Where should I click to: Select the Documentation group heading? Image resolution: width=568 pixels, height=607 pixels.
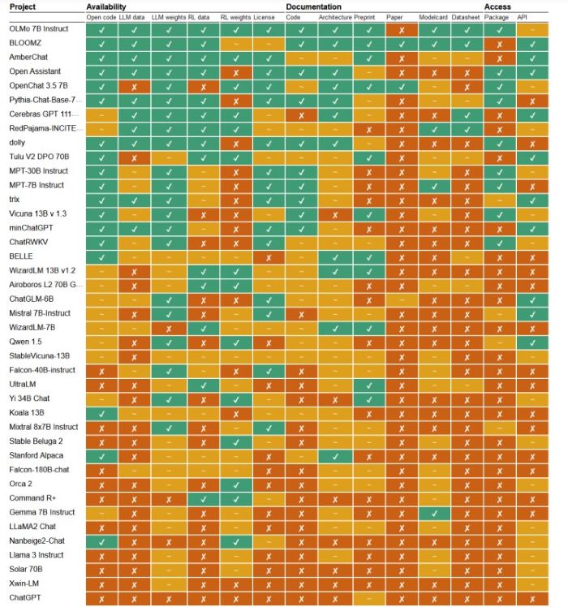[313, 6]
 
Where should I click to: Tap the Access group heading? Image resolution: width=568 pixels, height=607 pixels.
[497, 6]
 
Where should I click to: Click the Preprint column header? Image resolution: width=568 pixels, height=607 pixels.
[365, 16]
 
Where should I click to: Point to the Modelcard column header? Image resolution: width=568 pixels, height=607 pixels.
[434, 16]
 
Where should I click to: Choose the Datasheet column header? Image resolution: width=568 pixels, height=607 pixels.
[466, 16]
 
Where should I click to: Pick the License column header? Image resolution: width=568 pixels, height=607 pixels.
[264, 16]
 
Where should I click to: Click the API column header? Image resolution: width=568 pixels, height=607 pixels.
[523, 16]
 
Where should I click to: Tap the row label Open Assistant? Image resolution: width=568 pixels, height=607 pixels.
[36, 71]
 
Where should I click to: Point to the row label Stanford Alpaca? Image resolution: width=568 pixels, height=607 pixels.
[37, 455]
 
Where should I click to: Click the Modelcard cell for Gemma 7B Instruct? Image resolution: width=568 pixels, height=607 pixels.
[434, 513]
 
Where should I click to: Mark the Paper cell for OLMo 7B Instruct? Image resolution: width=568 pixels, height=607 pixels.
[399, 29]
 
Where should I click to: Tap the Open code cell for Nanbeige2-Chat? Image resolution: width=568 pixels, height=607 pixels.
[101, 541]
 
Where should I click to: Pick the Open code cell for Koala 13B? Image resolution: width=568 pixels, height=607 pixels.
[101, 413]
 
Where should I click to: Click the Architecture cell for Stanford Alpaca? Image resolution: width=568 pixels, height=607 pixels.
[334, 455]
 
